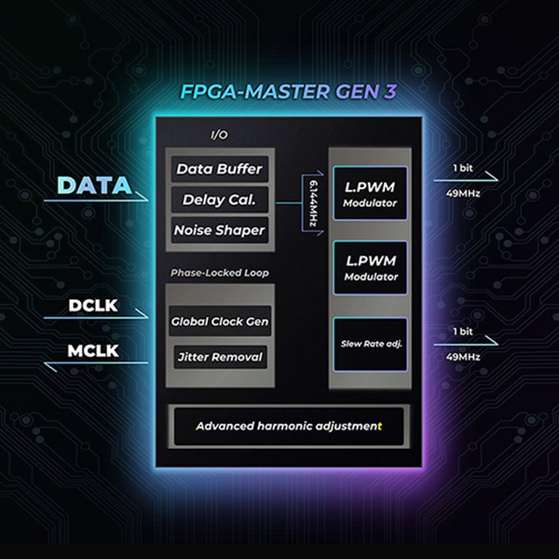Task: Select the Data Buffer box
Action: coord(220,170)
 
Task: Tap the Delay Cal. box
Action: coord(220,199)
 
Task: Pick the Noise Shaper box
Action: coord(220,229)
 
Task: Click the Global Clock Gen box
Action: coord(220,321)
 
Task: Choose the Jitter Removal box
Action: coord(220,356)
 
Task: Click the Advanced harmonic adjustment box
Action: coord(288,426)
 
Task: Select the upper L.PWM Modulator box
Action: coord(369,194)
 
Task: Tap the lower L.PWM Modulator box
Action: coord(369,268)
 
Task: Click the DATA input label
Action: coord(95,184)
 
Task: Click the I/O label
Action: coord(219,135)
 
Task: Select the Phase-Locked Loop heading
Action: coord(219,273)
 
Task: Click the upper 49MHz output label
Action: coord(462,194)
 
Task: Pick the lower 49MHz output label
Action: coord(462,356)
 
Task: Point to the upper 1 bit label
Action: coord(462,168)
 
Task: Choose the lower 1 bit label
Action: coord(462,331)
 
